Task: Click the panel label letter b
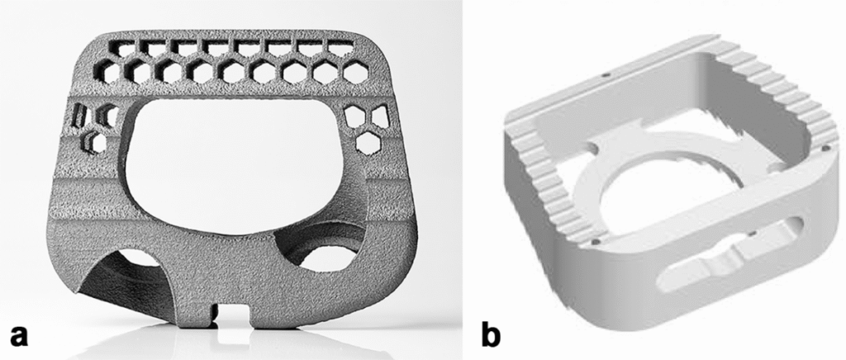491,334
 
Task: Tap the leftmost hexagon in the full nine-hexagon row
107,73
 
